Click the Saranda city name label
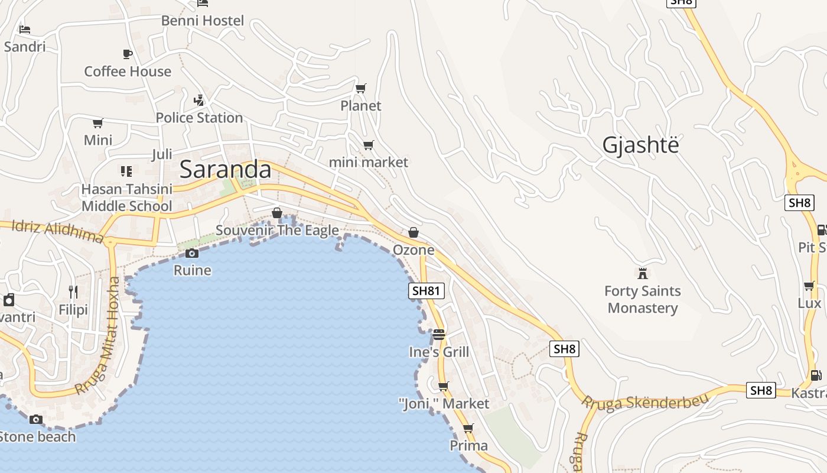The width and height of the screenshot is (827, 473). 225,170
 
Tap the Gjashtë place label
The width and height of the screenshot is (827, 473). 640,145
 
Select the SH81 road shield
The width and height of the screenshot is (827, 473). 426,290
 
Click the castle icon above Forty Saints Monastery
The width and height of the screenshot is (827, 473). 643,273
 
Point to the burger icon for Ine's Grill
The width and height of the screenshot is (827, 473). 438,335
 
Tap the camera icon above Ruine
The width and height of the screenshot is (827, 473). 192,254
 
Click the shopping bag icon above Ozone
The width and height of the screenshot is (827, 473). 413,232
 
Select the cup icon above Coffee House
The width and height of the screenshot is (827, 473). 128,54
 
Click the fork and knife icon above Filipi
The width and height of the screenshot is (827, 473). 73,291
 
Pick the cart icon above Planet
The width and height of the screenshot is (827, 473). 360,89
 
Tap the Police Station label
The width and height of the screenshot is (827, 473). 199,118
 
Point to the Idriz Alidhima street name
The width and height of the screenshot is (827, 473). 57,231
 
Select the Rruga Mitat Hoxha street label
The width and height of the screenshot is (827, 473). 100,336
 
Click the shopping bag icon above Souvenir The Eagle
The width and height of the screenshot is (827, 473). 277,213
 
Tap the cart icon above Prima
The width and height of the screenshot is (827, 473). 468,428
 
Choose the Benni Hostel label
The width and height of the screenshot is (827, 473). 203,21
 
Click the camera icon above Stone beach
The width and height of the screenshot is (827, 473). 36,419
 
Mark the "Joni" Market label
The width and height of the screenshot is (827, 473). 444,404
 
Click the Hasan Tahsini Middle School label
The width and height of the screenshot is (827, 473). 127,197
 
